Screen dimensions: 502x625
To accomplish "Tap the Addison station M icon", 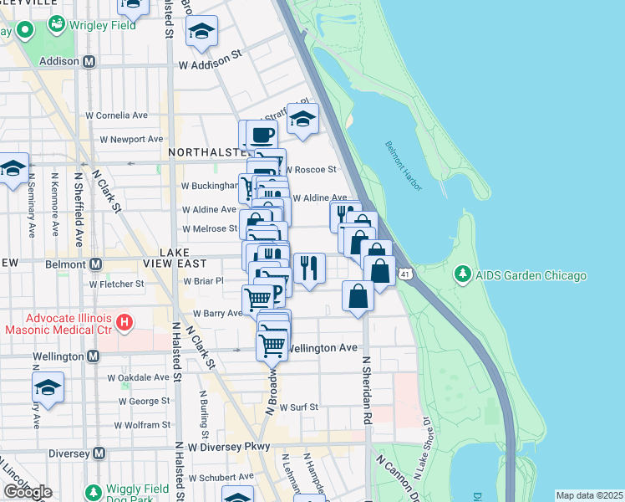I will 89,61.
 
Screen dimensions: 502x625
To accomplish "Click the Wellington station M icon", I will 92,356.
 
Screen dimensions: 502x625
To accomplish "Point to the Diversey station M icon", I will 99,453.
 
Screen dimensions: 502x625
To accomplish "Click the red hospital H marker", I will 124,321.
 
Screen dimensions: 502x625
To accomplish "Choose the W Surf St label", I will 299,407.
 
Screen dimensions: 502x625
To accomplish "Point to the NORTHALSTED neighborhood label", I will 207,153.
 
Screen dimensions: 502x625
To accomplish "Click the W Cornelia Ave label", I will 116,115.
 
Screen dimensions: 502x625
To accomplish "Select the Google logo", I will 27,492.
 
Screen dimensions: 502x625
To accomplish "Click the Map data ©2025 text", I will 588,495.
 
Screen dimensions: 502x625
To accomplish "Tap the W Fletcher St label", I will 116,284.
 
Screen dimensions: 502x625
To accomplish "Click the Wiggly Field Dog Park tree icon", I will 93,491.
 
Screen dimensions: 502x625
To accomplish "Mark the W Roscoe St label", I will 311,169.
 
